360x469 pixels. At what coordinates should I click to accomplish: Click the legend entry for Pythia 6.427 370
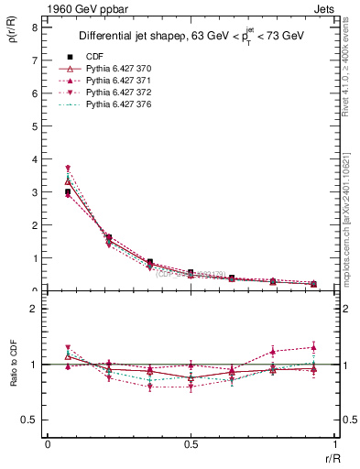tap(115, 70)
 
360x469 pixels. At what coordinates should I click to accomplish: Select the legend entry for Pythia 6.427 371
tap(115, 82)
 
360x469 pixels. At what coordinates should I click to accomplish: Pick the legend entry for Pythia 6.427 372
tap(115, 93)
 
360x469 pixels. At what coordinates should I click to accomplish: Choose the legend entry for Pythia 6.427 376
tap(115, 105)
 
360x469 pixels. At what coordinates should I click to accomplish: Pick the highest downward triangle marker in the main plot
tap(68, 169)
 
